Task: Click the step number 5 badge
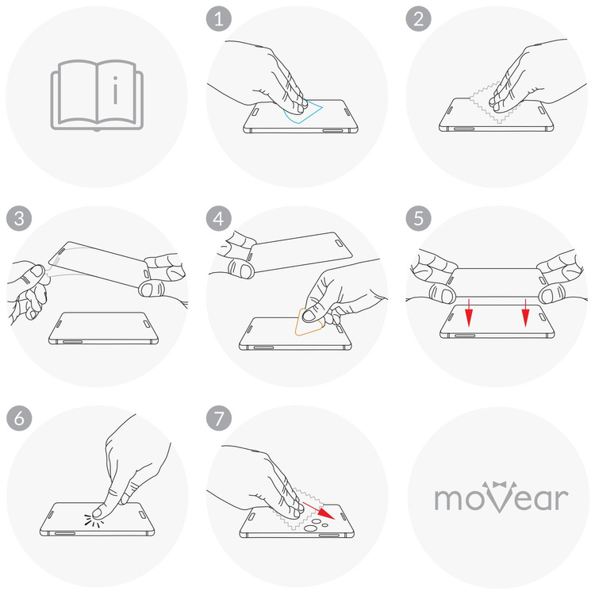417,217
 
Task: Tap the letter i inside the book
117,91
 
